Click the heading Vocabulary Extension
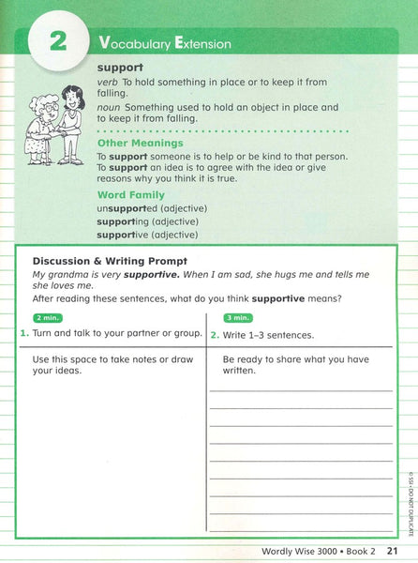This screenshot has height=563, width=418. pos(164,43)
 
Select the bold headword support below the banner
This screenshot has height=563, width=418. pos(120,68)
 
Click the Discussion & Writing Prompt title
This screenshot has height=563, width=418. pos(110,260)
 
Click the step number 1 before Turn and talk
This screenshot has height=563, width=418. pos(23,334)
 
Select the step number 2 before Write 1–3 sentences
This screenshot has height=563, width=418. pos(215,335)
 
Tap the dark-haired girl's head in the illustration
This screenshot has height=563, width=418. pos(73,96)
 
